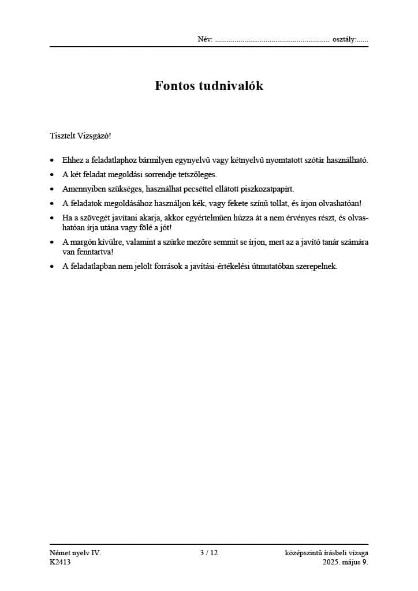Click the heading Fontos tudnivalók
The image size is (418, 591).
point(209,86)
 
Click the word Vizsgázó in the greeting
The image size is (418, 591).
point(93,136)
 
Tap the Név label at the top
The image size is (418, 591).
point(205,40)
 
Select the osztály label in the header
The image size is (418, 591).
point(344,40)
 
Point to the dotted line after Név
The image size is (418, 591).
point(271,40)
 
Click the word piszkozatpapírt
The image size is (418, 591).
point(266,189)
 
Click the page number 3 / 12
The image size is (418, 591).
point(208,553)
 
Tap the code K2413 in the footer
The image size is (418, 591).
point(61,562)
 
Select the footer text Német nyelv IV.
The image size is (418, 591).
point(75,553)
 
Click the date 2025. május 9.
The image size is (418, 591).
point(345,562)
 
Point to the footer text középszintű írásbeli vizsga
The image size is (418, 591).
point(326,553)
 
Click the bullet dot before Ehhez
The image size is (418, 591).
point(53,160)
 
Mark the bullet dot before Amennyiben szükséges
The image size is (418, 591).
point(53,189)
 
